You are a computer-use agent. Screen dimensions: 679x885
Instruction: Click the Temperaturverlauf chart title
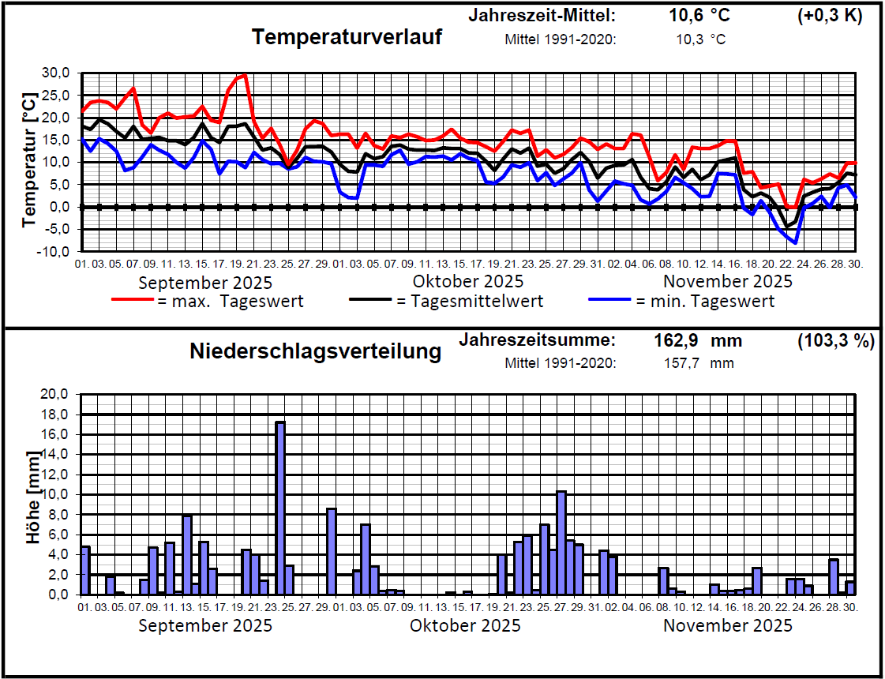[x=347, y=36]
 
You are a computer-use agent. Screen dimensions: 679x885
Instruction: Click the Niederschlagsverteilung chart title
[x=315, y=351]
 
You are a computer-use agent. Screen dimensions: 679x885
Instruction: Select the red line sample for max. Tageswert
[x=132, y=301]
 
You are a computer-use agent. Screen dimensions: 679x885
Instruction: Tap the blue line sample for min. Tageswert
[x=609, y=301]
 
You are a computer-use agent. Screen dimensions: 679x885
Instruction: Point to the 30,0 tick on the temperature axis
[x=57, y=73]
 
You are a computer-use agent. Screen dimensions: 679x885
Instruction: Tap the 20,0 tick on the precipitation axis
[x=57, y=394]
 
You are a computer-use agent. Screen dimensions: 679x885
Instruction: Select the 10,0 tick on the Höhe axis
[x=57, y=494]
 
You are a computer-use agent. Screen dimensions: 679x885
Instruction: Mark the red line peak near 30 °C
[x=245, y=76]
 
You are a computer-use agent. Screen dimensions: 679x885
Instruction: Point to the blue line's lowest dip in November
[x=796, y=242]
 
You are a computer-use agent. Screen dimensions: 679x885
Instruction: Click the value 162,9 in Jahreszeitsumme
[x=677, y=341]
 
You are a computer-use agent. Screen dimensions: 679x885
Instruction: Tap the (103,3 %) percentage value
[x=836, y=341]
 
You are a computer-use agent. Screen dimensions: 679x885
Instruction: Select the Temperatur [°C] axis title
[x=29, y=162]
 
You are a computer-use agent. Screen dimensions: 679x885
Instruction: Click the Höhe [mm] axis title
[x=32, y=497]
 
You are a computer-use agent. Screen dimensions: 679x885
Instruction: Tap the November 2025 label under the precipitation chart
[x=727, y=626]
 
